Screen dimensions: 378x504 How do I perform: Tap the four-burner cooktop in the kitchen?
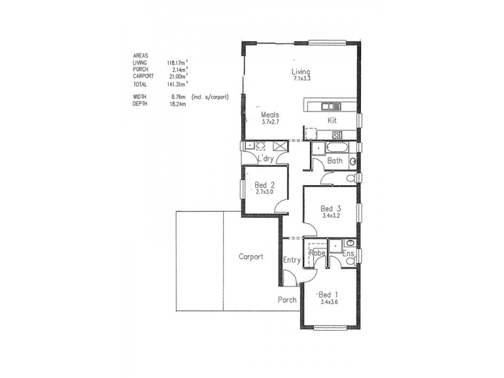tap(337, 134)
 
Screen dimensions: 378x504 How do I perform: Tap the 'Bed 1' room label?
tap(328, 295)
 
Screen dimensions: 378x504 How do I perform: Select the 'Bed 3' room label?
tap(330, 209)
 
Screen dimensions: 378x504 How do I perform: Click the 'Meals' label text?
tap(270, 115)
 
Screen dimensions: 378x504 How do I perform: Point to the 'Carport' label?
tap(251, 257)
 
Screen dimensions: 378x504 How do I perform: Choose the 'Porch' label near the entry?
tap(287, 300)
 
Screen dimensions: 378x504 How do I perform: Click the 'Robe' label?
tap(316, 253)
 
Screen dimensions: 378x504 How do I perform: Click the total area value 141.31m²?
tap(177, 84)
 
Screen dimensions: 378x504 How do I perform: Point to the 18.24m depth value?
tap(179, 103)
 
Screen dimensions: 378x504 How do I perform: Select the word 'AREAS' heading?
tap(140, 56)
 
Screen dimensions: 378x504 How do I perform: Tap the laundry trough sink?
tap(250, 146)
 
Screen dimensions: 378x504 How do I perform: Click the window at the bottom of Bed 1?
tap(330, 328)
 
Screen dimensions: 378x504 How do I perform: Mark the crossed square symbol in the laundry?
tap(278, 146)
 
